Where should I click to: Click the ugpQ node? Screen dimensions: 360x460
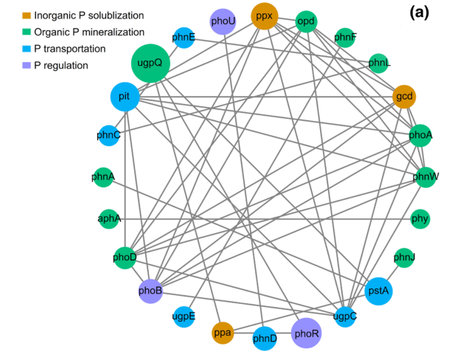click(151, 63)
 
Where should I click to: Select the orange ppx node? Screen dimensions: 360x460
click(265, 15)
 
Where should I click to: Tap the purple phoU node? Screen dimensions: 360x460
click(223, 21)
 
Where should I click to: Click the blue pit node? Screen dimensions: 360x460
click(125, 96)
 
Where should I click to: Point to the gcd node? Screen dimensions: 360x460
click(404, 96)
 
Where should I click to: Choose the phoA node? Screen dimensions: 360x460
click(421, 135)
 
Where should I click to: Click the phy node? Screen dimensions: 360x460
click(421, 219)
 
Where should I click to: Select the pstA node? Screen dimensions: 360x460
click(378, 291)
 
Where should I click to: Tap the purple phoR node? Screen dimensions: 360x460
click(306, 333)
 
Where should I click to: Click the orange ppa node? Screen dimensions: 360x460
click(223, 333)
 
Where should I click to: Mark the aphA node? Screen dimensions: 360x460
click(108, 219)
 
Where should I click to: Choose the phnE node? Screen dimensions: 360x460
click(183, 38)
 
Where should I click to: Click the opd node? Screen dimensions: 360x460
click(306, 21)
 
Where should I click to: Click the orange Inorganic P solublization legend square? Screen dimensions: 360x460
click(27, 15)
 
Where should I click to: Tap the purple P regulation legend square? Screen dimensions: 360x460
click(27, 66)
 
